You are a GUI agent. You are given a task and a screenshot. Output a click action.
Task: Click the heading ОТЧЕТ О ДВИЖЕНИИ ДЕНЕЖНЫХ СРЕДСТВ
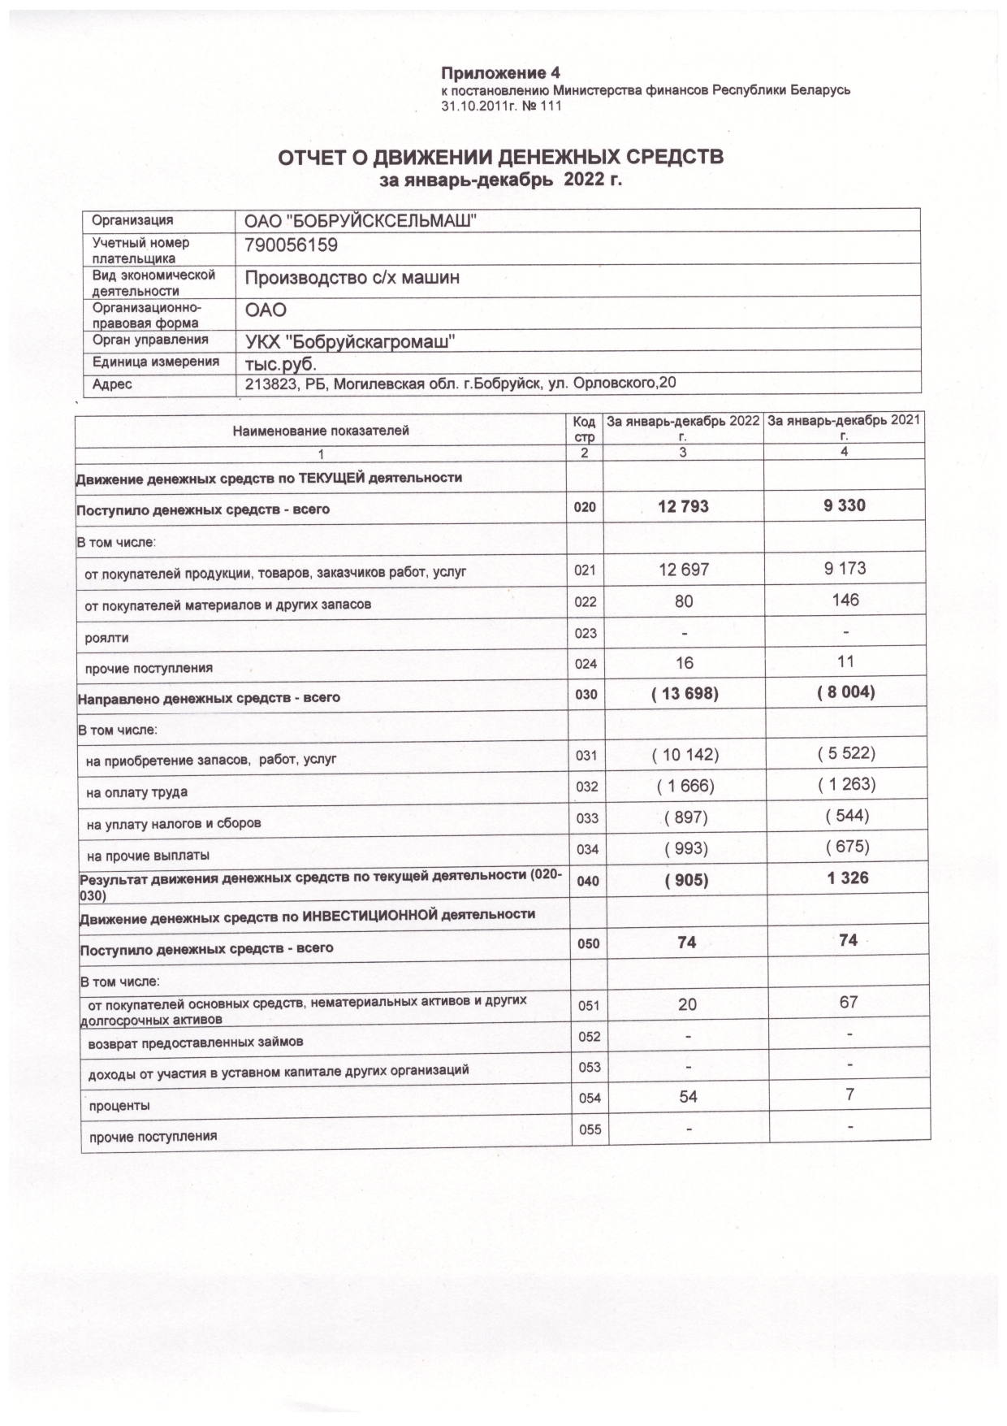point(501,157)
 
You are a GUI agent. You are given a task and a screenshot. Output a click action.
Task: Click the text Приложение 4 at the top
point(501,74)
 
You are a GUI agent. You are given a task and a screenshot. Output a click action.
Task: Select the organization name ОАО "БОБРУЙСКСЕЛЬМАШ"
point(361,221)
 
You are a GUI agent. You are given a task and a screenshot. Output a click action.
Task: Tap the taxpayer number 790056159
point(291,245)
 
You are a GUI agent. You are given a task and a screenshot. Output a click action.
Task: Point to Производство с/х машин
point(352,278)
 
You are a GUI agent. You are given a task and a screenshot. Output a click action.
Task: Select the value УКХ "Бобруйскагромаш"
point(349,341)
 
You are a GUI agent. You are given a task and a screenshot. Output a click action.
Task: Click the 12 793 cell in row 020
point(683,507)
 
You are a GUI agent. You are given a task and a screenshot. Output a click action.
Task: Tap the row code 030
point(586,696)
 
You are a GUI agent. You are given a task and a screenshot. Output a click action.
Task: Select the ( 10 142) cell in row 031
point(685,755)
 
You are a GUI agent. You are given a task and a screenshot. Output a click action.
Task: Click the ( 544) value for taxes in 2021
point(847,815)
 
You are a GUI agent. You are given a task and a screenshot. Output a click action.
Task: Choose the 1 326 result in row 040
point(847,878)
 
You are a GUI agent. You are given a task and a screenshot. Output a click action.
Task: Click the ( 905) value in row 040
point(686,881)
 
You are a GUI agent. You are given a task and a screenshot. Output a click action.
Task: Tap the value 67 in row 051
point(849,1003)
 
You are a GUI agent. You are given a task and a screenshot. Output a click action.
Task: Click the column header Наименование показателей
point(321,431)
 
